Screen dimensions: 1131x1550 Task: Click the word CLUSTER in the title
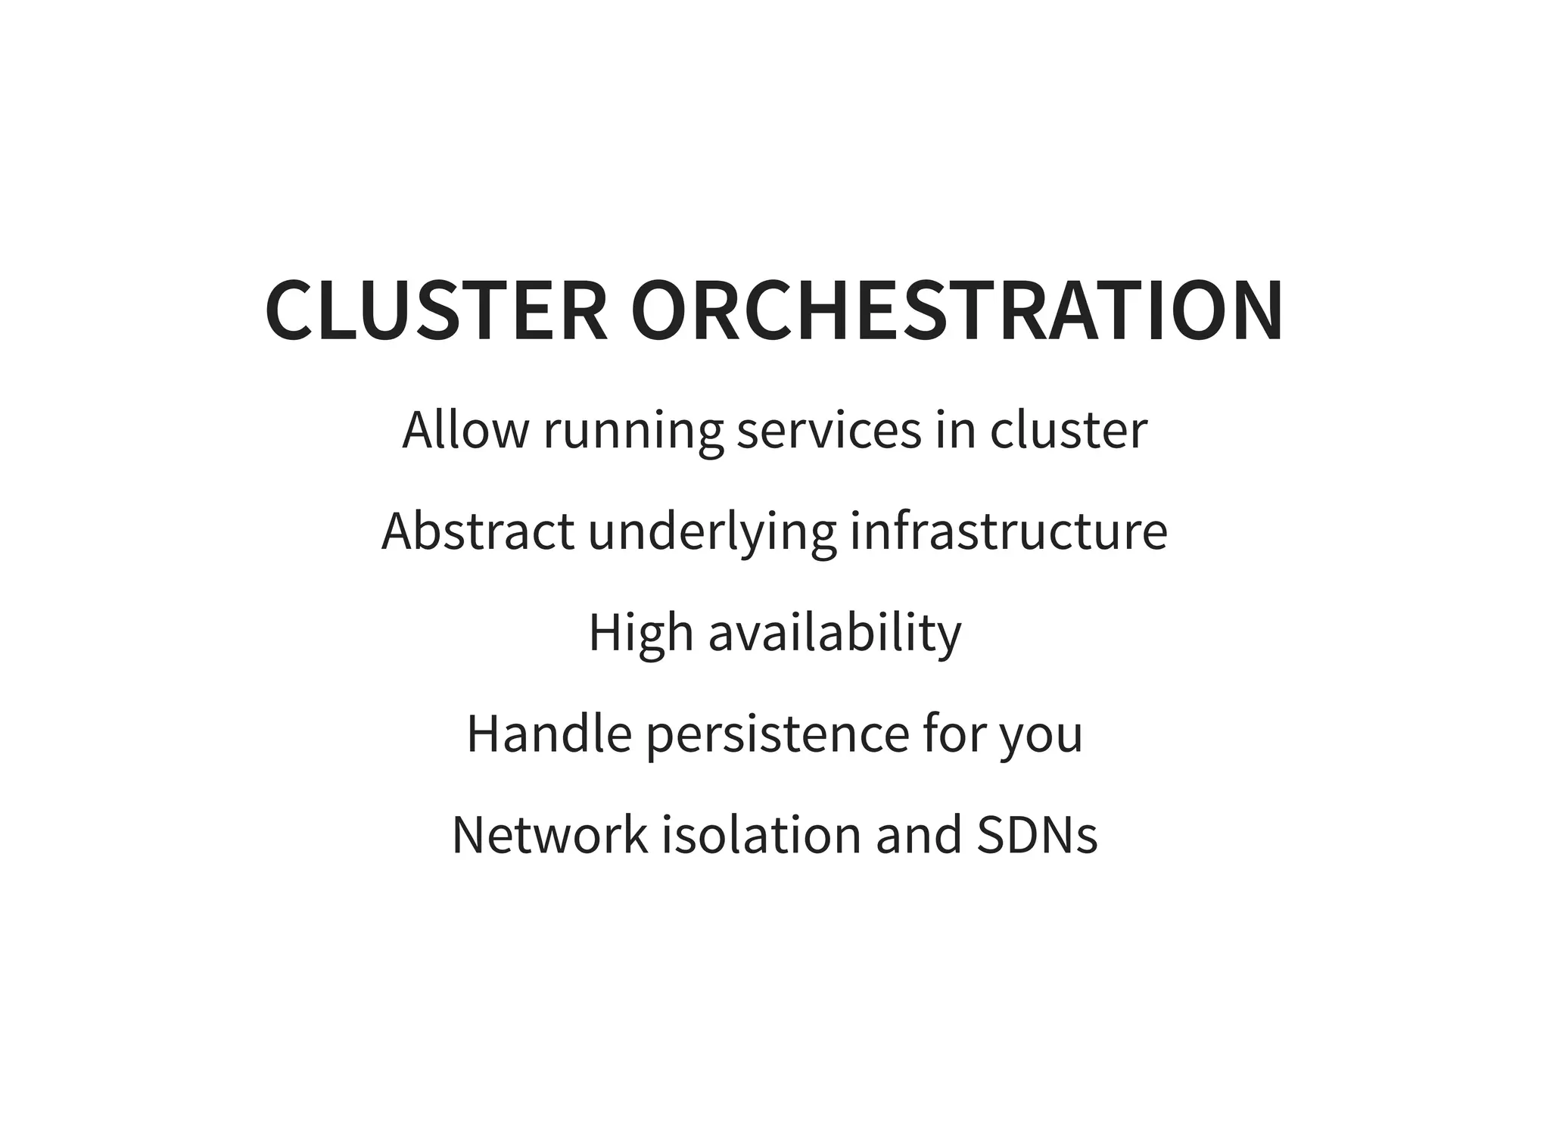click(437, 311)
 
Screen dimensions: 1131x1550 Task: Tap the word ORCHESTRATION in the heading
click(957, 311)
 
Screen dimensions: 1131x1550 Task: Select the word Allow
click(465, 430)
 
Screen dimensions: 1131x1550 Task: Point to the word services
click(829, 430)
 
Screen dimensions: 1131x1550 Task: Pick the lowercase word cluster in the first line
click(1069, 430)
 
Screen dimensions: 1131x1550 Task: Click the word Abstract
click(478, 531)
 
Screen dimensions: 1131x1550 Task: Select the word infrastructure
click(1009, 531)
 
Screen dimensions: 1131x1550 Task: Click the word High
click(640, 634)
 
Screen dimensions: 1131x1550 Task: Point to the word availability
click(835, 634)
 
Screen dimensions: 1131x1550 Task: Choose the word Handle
click(549, 734)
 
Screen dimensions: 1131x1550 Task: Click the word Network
click(550, 835)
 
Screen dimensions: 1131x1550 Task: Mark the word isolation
click(762, 835)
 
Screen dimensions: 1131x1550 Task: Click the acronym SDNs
click(1037, 835)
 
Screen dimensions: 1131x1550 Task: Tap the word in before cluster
click(955, 430)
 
